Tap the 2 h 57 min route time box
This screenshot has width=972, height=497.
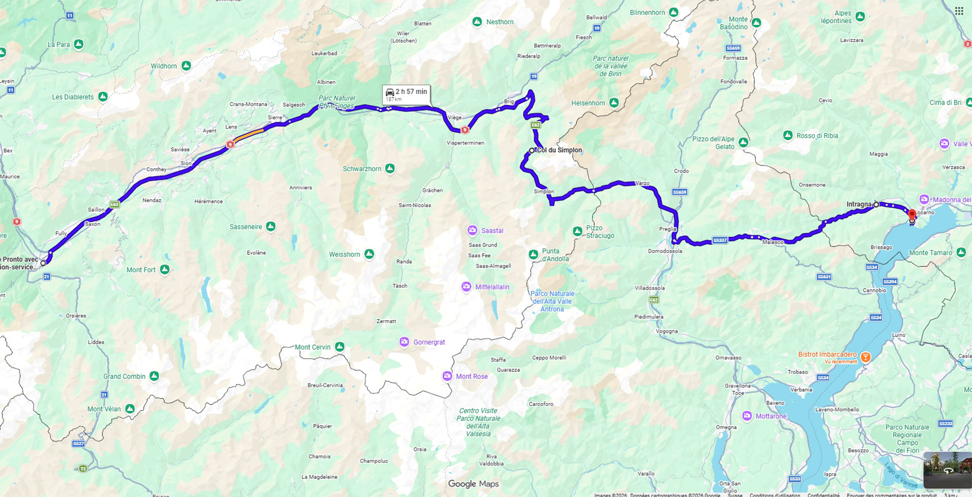pyautogui.click(x=406, y=94)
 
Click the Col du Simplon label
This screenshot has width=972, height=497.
pyautogui.click(x=559, y=150)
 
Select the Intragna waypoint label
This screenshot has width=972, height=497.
pyautogui.click(x=859, y=204)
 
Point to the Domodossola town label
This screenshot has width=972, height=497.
pyautogui.click(x=665, y=251)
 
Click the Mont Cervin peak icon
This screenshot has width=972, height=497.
pyautogui.click(x=340, y=347)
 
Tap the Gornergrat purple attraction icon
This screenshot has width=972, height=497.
pyautogui.click(x=404, y=342)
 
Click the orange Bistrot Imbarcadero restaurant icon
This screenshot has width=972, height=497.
pyautogui.click(x=866, y=357)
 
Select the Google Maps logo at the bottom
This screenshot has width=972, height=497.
pyautogui.click(x=473, y=484)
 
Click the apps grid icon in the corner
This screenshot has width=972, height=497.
pyautogui.click(x=959, y=11)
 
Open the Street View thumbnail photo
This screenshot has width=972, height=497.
pyautogui.click(x=947, y=470)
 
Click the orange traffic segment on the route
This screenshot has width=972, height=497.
pyautogui.click(x=248, y=135)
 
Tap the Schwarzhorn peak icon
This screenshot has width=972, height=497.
pyautogui.click(x=390, y=168)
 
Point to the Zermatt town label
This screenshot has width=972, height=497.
pyautogui.click(x=386, y=321)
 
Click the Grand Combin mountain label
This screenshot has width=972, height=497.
pyautogui.click(x=124, y=376)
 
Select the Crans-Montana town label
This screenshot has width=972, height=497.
pyautogui.click(x=248, y=104)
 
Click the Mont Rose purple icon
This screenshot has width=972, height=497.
pyautogui.click(x=447, y=376)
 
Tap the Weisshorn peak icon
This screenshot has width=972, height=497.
pyautogui.click(x=370, y=254)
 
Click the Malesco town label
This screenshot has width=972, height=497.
pyautogui.click(x=773, y=243)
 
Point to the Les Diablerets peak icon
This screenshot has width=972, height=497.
pyautogui.click(x=103, y=96)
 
